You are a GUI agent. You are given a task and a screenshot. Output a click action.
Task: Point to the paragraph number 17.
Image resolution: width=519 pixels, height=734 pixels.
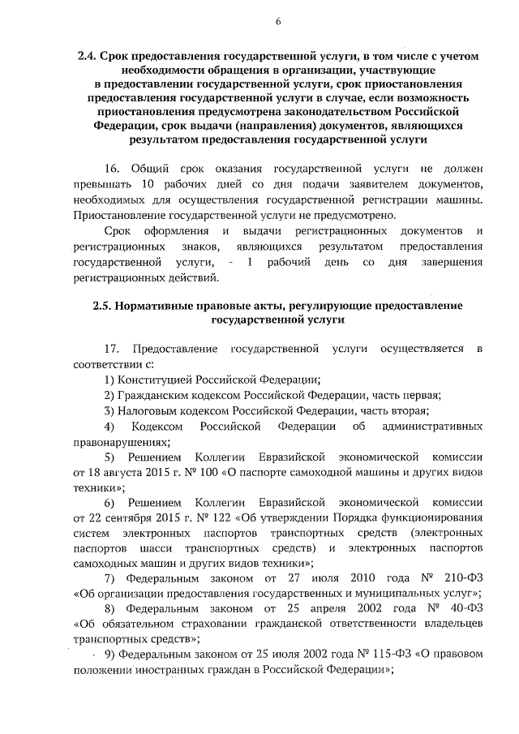pyautogui.click(x=114, y=349)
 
